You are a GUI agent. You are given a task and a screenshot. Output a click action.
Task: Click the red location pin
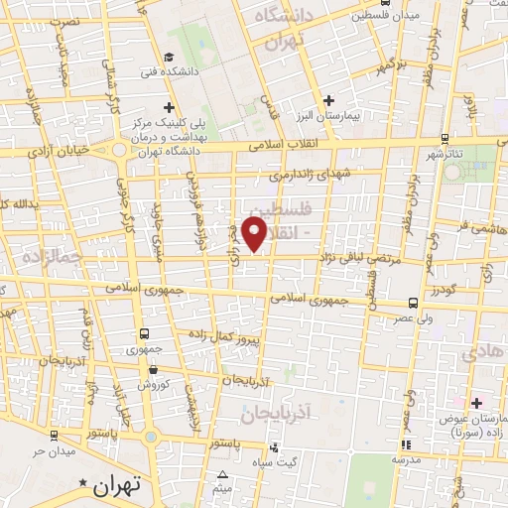pos(256,232)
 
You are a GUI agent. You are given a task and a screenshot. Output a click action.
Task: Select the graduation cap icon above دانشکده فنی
pos(170,57)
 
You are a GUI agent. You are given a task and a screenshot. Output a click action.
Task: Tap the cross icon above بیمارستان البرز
pos(329,100)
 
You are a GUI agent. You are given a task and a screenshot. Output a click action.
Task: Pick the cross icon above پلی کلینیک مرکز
pos(170,107)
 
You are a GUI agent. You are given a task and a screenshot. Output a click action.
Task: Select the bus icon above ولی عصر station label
pos(413,304)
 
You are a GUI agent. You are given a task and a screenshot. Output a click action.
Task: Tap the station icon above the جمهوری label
pos(145,334)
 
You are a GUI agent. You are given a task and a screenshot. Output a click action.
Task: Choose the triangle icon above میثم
pos(222,475)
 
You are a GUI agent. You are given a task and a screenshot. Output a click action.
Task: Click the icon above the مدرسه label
pos(403,444)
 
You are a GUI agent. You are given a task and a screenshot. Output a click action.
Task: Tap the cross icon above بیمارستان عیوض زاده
pos(476,403)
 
